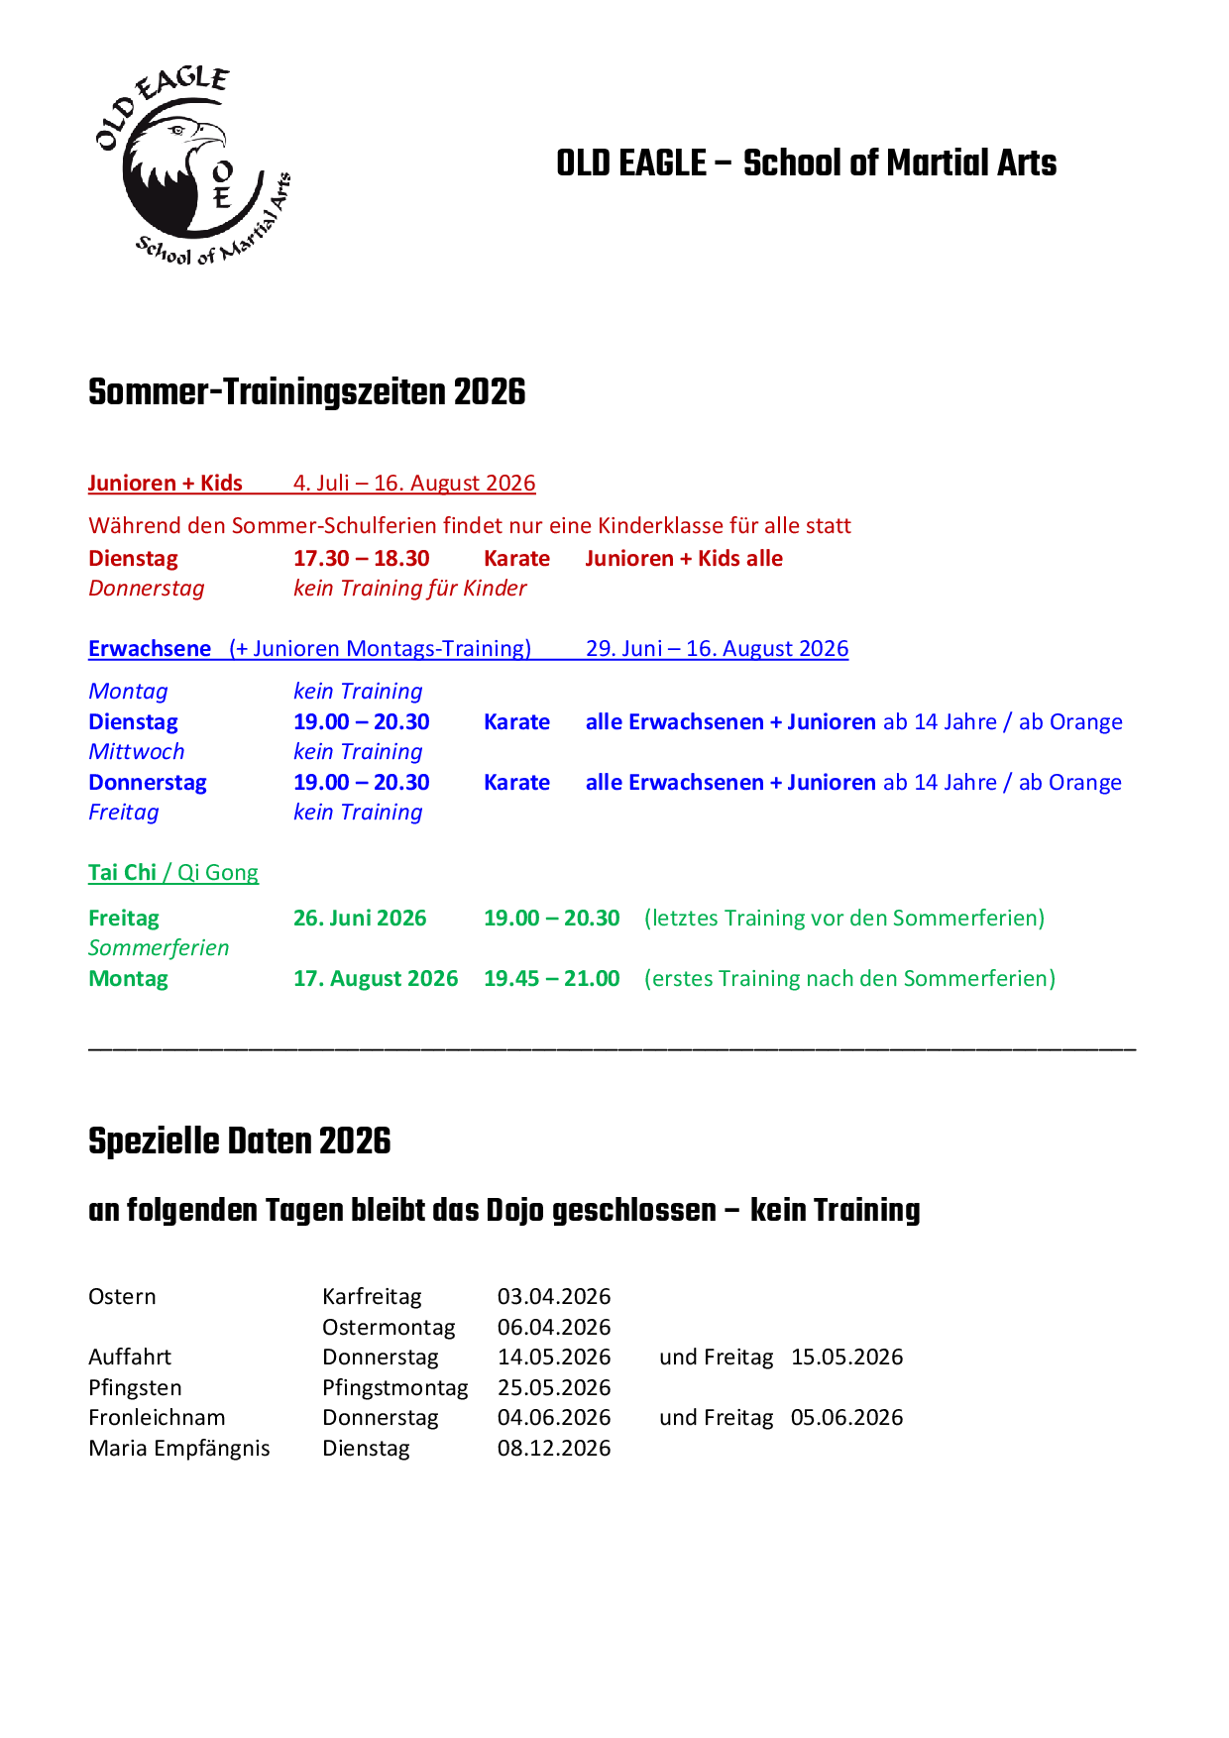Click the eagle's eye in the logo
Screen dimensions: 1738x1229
pyautogui.click(x=178, y=130)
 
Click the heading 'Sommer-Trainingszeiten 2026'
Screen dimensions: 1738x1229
pyautogui.click(x=306, y=392)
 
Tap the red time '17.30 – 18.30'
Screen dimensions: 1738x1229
pyautogui.click(x=361, y=559)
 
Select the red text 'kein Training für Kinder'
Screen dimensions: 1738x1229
pyautogui.click(x=409, y=589)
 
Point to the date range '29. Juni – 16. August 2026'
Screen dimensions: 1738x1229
pyautogui.click(x=717, y=649)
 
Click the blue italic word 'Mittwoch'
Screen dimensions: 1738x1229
pyautogui.click(x=136, y=752)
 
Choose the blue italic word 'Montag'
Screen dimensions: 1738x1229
pyautogui.click(x=128, y=692)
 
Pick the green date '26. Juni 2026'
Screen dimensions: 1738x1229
pyautogui.click(x=360, y=919)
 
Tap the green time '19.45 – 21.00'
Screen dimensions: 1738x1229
pyautogui.click(x=551, y=979)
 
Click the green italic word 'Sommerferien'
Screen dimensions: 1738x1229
pyautogui.click(x=159, y=948)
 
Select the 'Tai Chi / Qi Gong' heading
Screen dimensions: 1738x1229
pyautogui.click(x=172, y=873)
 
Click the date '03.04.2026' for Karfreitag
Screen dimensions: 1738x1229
pyautogui.click(x=554, y=1297)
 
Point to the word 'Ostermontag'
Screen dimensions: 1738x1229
pyautogui.click(x=389, y=1328)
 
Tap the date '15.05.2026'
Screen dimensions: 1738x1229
pyautogui.click(x=846, y=1358)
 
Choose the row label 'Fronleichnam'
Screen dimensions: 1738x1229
pyautogui.click(x=157, y=1418)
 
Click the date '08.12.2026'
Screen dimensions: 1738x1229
pyautogui.click(x=554, y=1449)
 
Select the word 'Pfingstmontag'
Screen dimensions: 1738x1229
pyautogui.click(x=394, y=1388)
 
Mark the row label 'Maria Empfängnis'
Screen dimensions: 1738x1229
pyautogui.click(x=178, y=1449)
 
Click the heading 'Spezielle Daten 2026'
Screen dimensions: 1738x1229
pyautogui.click(x=239, y=1141)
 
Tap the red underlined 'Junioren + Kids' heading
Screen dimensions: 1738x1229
pyautogui.click(x=165, y=484)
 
